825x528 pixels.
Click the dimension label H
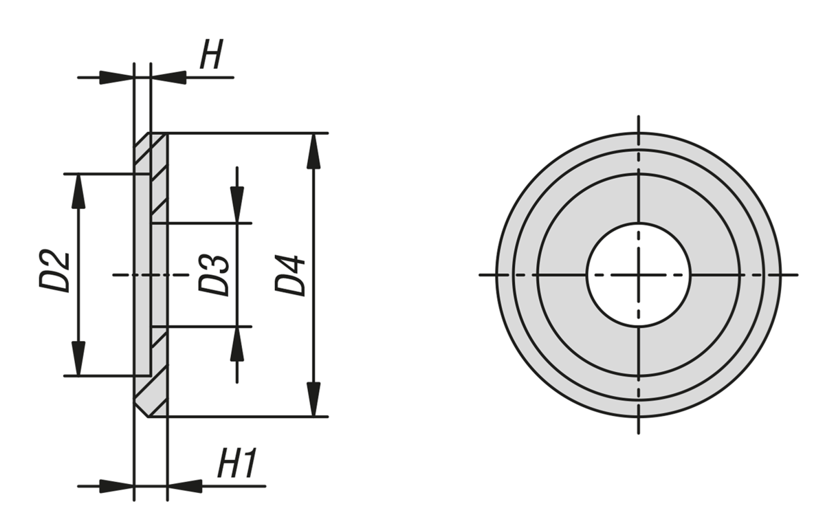pos(211,55)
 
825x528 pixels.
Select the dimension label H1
pos(236,465)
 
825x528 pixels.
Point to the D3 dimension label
pos(214,275)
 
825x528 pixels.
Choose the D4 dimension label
pos(291,275)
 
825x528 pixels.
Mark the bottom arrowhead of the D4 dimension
pos(314,400)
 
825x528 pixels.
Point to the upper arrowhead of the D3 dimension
pos(237,205)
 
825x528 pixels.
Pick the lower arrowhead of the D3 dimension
pos(237,344)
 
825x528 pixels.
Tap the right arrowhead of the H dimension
pos(169,77)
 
